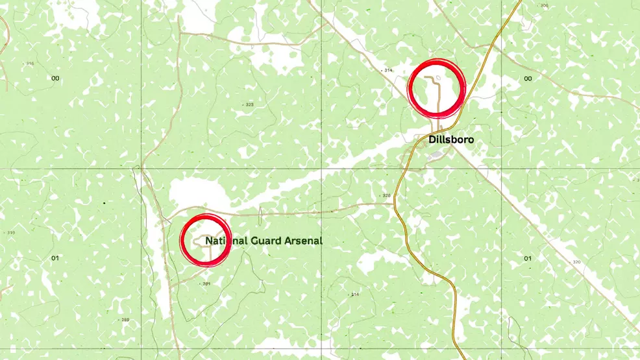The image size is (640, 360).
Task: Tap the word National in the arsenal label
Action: pos(225,241)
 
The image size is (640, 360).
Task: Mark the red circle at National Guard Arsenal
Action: pos(206,239)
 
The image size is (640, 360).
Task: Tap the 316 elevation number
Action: pos(29,64)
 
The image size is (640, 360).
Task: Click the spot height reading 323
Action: pos(249,104)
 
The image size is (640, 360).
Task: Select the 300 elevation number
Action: pos(544,6)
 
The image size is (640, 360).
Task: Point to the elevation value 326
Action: pos(386,195)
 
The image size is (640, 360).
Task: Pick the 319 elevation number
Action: pos(10,232)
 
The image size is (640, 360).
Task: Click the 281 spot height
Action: pos(207,283)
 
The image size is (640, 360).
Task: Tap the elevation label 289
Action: pos(125,320)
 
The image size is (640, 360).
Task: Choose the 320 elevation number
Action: pos(576,262)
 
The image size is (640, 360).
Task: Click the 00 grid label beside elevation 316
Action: pos(55,78)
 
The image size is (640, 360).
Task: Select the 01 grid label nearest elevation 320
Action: pos(528,258)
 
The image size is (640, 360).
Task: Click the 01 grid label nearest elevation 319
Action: pos(55,258)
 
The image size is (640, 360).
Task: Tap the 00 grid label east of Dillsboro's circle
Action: pos(528,78)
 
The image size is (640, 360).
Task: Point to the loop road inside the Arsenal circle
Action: pos(203,239)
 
